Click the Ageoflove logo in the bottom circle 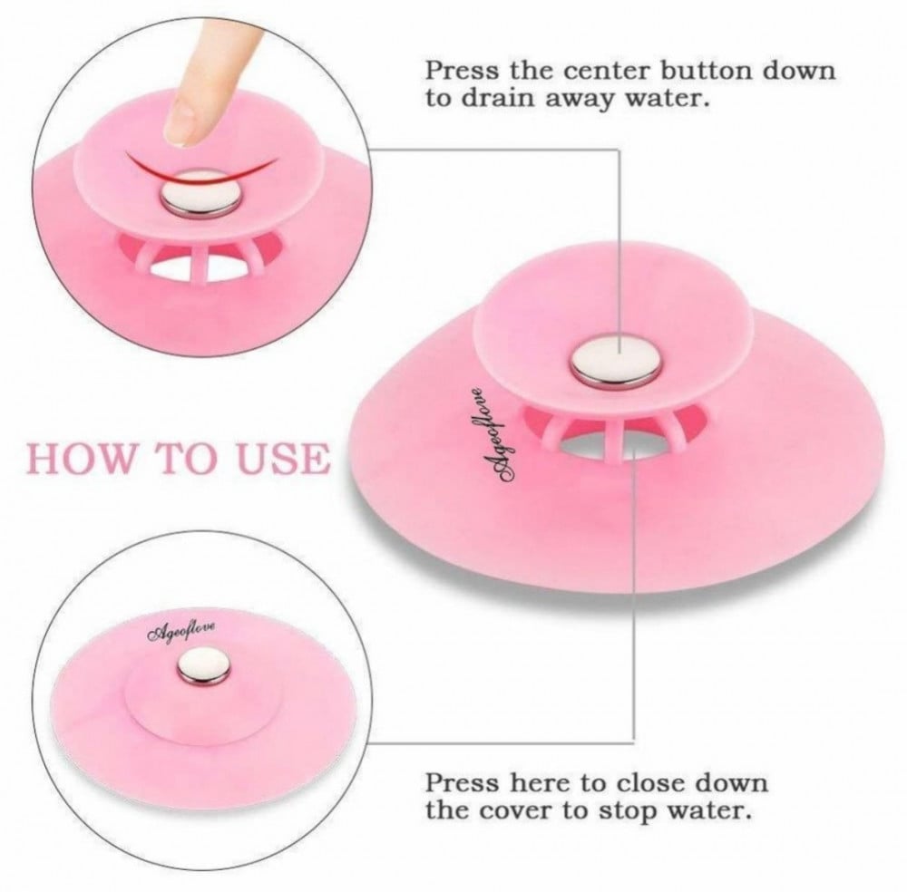[181, 631]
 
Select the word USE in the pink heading [282, 459]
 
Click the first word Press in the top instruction [462, 71]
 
